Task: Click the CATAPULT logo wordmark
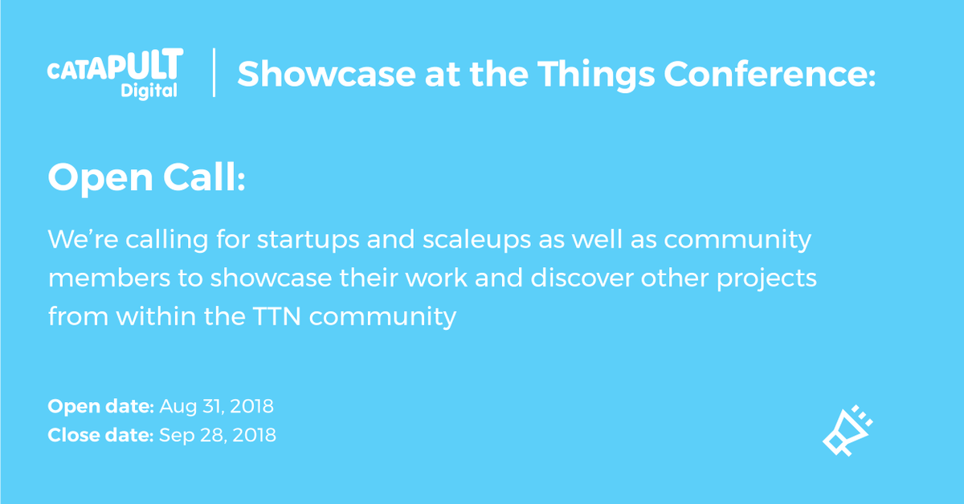[116, 64]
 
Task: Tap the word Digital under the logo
[149, 91]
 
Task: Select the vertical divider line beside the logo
[214, 72]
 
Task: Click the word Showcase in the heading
[327, 74]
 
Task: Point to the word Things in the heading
[596, 75]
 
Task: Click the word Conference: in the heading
[770, 74]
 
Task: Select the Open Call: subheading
[146, 178]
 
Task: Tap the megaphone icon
[848, 430]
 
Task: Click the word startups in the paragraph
[308, 240]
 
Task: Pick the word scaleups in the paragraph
[476, 240]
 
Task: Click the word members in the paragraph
[109, 278]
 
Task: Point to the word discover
[582, 278]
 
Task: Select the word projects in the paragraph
[766, 279]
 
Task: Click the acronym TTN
[276, 316]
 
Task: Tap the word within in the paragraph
[156, 316]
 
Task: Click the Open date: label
[100, 407]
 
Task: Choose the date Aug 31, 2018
[216, 406]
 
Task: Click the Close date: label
[100, 435]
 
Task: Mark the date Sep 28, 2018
[218, 436]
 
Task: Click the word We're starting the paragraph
[83, 239]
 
